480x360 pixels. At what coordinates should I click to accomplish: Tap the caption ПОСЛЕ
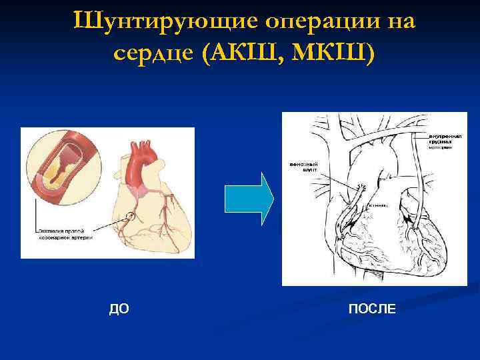click(x=371, y=309)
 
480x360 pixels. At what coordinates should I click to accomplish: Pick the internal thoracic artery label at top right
click(x=440, y=142)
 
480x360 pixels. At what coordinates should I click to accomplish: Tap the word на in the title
click(x=401, y=21)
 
